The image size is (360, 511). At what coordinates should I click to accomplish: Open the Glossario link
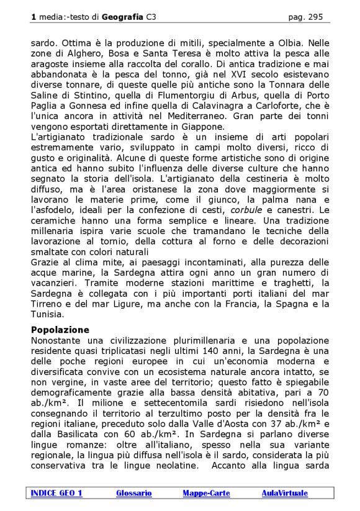133,493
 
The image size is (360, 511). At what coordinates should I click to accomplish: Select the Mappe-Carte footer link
206,493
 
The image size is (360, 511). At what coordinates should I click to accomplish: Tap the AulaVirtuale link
284,493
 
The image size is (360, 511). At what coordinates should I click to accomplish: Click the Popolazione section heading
60,330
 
